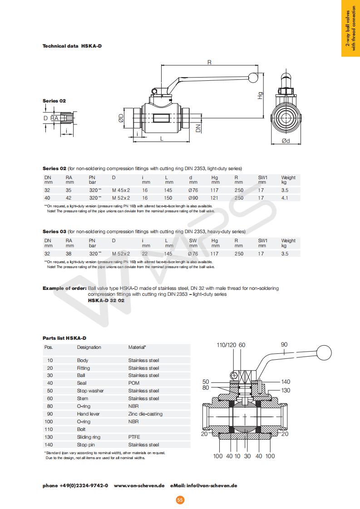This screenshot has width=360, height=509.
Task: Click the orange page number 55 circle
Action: coord(180,500)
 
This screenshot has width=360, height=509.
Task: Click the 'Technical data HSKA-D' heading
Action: coord(72,46)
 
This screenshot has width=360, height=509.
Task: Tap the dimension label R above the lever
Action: coord(209,62)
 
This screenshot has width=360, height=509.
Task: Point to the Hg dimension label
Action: coord(261,96)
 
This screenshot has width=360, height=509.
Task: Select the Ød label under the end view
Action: coord(286,141)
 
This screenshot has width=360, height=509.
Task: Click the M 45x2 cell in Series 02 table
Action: coord(121,191)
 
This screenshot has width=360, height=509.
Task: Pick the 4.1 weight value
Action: coord(285,198)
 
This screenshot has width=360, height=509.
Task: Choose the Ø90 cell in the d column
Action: coord(193,198)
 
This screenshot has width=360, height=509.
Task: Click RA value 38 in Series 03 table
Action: coord(69,254)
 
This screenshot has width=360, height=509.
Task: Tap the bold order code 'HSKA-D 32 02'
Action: coord(106,300)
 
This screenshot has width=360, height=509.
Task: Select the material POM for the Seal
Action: coord(134,383)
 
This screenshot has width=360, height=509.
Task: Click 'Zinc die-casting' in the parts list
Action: coord(145,414)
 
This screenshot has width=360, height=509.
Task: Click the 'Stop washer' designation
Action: coord(90,391)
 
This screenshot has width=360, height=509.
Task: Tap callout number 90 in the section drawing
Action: coord(284,345)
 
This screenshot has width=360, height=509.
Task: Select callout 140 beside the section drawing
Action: coord(286,382)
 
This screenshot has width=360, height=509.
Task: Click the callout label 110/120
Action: coord(227,345)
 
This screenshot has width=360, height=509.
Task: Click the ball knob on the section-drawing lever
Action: coord(325,353)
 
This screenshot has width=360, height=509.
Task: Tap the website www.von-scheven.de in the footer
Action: coord(139,485)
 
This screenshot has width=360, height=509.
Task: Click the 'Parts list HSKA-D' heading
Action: coord(64,338)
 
